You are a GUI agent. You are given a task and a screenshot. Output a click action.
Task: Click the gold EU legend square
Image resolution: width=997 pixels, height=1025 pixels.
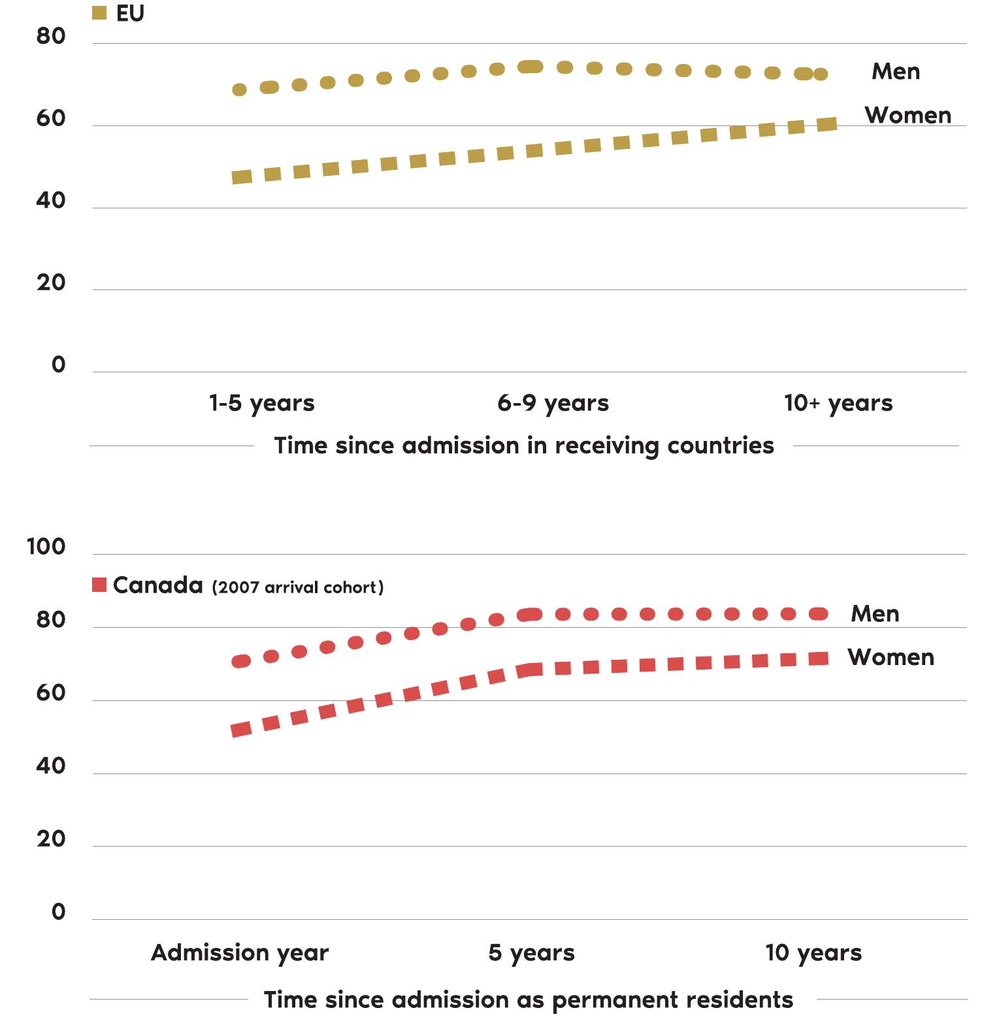[99, 13]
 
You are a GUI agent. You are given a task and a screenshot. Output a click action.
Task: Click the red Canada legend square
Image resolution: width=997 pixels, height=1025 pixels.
[99, 585]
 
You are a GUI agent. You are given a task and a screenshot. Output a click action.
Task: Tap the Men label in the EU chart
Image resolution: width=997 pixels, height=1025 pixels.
[895, 71]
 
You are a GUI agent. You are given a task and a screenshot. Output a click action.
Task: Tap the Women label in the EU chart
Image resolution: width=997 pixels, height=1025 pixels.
[907, 116]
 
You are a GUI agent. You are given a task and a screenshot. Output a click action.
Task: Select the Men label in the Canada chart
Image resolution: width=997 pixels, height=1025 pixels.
[874, 613]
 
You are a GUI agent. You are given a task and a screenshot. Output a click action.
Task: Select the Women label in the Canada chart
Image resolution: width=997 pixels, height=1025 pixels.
[891, 657]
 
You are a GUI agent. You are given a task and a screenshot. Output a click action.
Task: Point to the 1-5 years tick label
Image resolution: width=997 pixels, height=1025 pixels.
[261, 403]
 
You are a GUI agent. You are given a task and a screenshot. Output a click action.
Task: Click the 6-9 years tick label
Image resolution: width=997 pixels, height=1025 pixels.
[553, 403]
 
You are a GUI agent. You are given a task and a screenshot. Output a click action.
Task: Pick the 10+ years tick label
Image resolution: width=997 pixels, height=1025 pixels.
[838, 403]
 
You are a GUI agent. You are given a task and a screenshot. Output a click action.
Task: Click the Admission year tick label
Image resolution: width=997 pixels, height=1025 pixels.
[240, 952]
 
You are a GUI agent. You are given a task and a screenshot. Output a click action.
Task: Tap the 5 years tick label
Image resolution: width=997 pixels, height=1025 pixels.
[531, 952]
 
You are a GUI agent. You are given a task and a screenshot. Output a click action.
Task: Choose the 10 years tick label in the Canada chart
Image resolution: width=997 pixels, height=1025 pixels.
[813, 952]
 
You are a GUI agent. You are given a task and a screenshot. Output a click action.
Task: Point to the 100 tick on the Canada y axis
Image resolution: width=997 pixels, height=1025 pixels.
[46, 547]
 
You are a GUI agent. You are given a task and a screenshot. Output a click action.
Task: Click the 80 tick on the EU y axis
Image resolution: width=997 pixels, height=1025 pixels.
[51, 37]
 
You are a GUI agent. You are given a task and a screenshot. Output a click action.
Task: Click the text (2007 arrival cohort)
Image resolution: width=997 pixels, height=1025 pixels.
[297, 587]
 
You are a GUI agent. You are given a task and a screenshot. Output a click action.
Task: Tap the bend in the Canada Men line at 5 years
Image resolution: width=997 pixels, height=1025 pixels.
[531, 615]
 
